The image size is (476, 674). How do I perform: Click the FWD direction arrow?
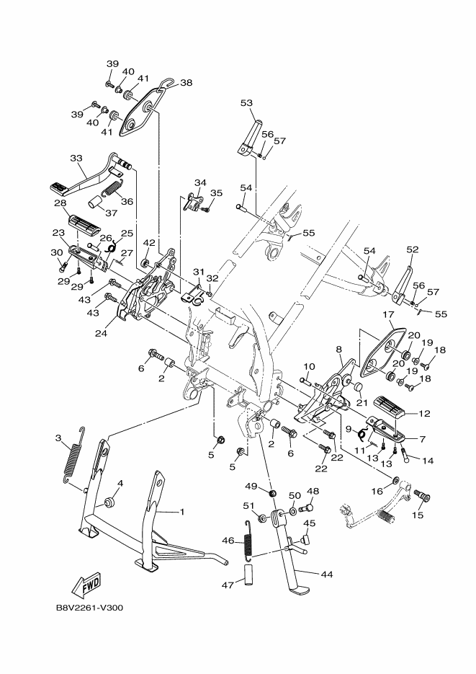(87, 582)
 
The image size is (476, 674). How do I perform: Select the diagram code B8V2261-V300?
(90, 607)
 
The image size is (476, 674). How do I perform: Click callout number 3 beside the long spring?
(58, 438)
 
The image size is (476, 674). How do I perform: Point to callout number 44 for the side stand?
(326, 575)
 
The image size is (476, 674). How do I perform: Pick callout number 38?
(186, 83)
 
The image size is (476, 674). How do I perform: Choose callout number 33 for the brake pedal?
(76, 159)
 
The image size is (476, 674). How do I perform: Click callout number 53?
(246, 103)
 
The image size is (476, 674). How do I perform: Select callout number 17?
(387, 314)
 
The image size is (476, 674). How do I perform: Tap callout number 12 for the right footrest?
(424, 414)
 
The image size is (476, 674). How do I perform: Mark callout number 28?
(60, 204)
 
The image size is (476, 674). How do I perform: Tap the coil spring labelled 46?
(248, 540)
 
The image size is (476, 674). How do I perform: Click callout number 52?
(412, 250)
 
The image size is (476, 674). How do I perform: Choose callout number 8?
(339, 349)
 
